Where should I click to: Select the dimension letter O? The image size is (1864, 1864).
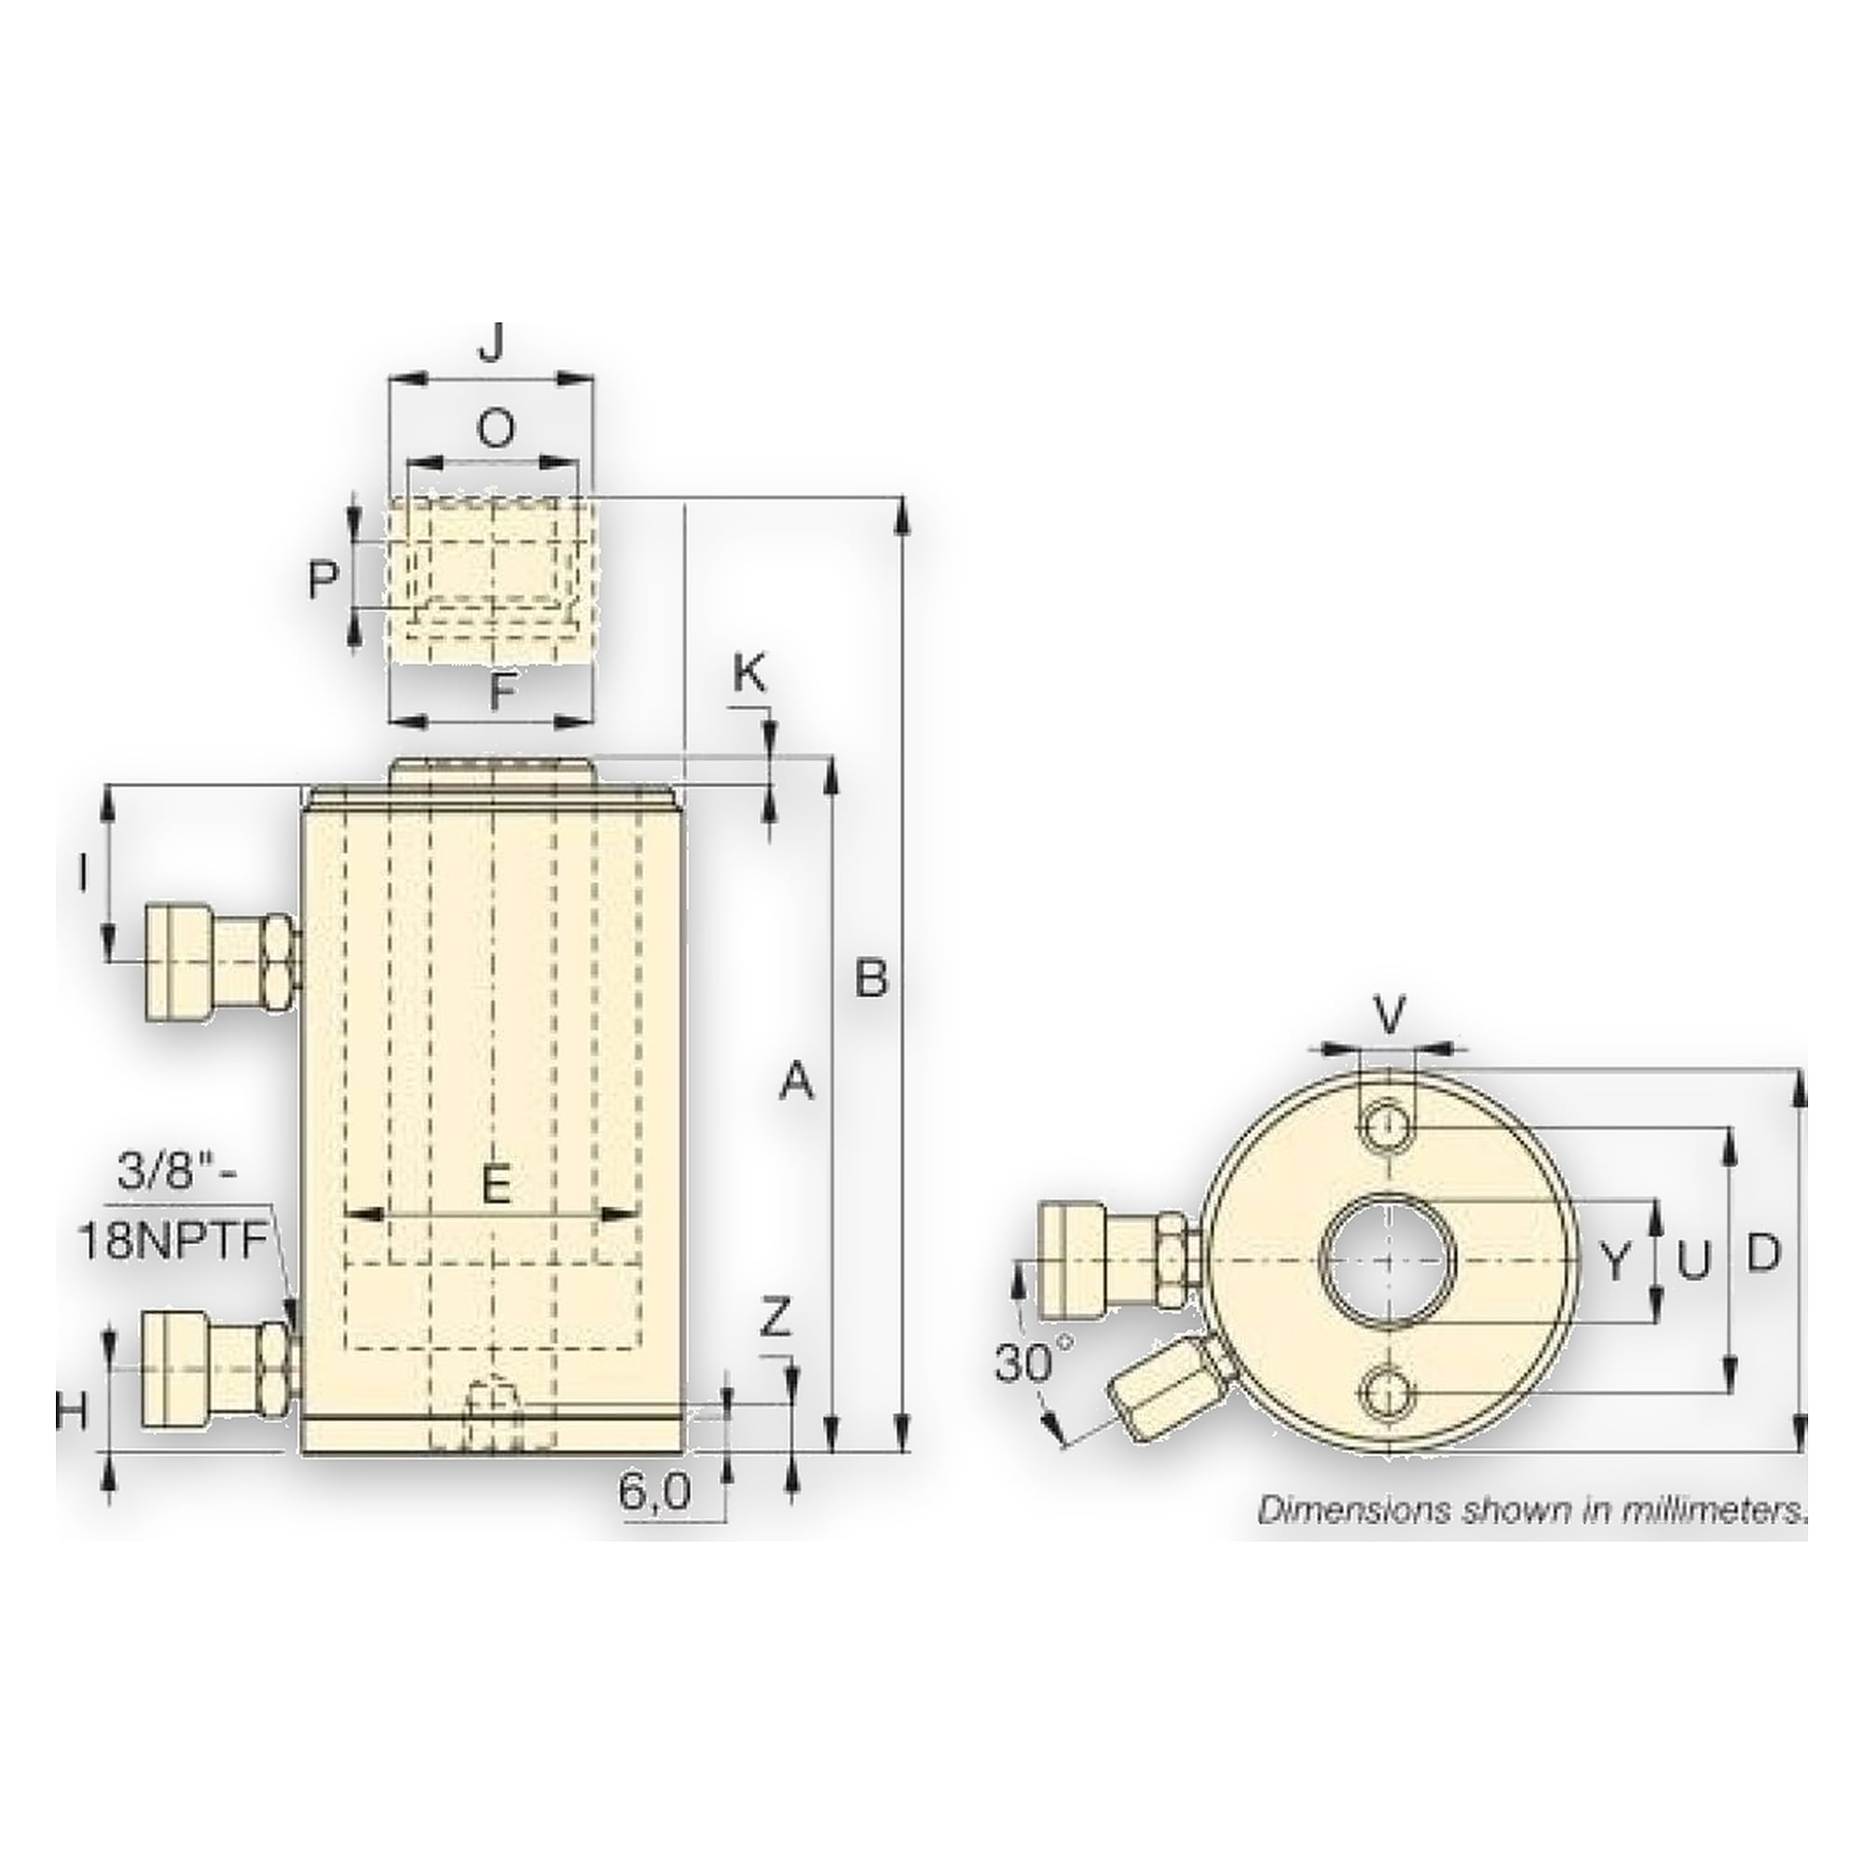coord(496,430)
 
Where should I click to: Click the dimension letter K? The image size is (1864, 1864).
coord(749,676)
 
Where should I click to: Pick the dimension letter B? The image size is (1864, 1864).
coord(871,980)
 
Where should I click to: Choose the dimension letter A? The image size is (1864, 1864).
coord(797,1081)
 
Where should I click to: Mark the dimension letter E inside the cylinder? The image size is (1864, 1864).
coord(495,1185)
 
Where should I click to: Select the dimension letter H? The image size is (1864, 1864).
coord(70,1415)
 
